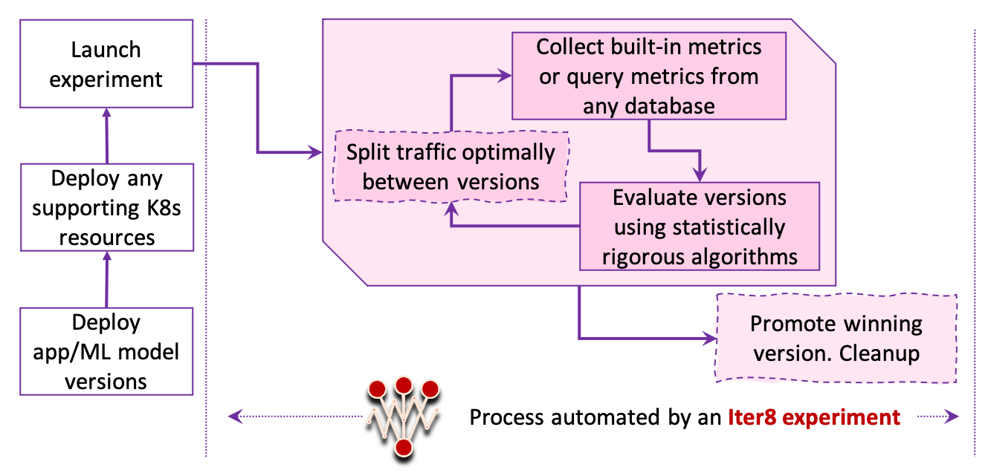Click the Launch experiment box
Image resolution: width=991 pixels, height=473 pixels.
[106, 64]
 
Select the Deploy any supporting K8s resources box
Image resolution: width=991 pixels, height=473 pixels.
[106, 207]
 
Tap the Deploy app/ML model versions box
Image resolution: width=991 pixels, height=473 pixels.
[106, 352]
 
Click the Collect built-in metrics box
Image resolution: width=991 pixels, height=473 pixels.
[648, 76]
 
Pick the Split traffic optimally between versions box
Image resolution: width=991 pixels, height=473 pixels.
[451, 167]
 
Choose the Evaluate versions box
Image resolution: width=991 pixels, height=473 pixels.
[699, 226]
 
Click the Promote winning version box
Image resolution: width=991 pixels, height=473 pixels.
[836, 339]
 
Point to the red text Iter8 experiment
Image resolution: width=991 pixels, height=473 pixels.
[814, 417]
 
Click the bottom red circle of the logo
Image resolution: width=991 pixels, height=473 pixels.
[403, 446]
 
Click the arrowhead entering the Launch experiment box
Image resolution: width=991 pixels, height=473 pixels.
[107, 112]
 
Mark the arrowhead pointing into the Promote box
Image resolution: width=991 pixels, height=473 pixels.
[707, 339]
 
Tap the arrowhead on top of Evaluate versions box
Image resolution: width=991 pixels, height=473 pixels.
[700, 175]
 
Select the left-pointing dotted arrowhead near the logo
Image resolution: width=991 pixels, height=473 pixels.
[235, 417]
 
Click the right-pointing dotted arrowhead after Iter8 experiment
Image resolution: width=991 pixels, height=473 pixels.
[953, 417]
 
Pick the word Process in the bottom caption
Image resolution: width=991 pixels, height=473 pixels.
[506, 417]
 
